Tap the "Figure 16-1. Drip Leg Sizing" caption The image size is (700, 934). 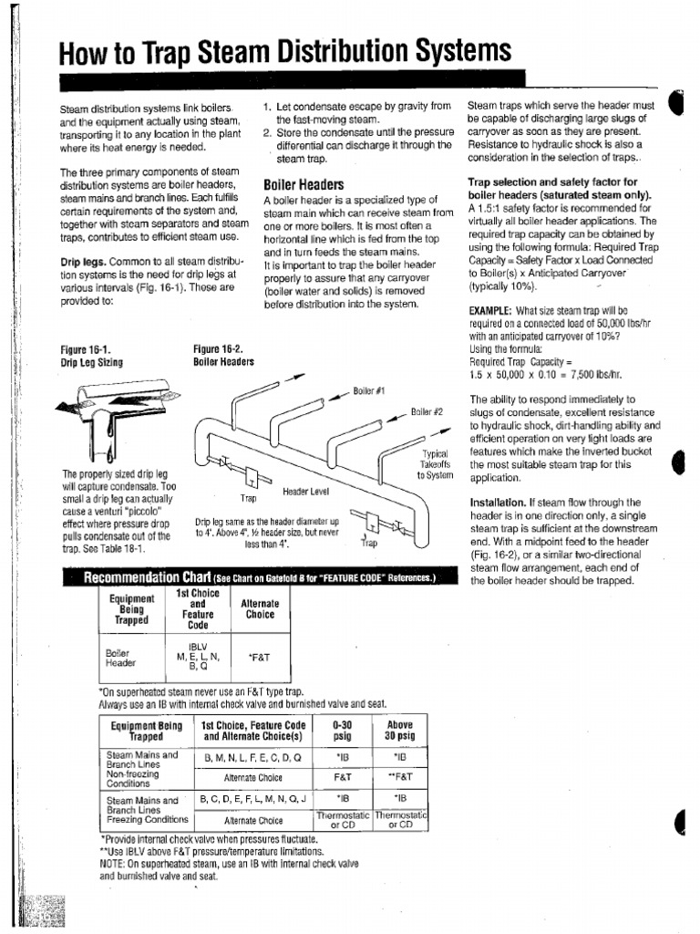coord(91,355)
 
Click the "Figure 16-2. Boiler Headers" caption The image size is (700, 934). coord(223,355)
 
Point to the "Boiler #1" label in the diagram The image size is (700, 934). coord(368,390)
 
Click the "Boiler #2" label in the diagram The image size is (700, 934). coord(426,411)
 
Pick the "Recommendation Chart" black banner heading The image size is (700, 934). coord(247,577)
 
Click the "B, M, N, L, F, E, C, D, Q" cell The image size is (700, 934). coord(252,758)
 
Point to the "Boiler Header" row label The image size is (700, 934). coord(120,659)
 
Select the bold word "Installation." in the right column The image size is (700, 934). coord(496,503)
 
